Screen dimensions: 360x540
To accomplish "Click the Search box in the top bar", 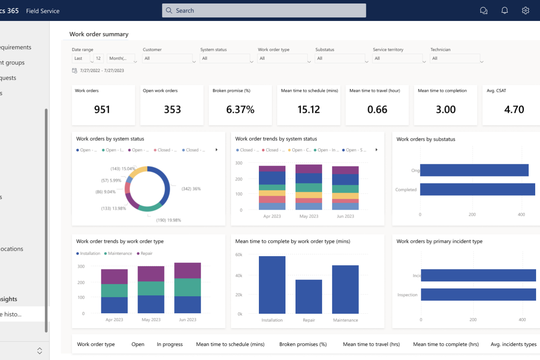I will [264, 10].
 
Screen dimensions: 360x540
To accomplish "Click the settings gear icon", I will [526, 10].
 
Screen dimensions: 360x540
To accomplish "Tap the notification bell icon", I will [505, 10].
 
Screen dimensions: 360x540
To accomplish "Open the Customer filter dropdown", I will [168, 59].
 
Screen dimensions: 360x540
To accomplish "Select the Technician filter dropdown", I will [455, 59].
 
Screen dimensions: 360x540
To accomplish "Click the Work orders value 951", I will [102, 110].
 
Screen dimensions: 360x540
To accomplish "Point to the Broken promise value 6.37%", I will [240, 110].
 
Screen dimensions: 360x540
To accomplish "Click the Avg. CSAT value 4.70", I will [514, 110].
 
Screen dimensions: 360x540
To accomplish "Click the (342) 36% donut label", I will [191, 189].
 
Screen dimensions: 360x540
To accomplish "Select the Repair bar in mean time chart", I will [309, 297].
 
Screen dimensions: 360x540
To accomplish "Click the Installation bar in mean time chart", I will [272, 285].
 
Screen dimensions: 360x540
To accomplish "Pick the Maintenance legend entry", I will [120, 253].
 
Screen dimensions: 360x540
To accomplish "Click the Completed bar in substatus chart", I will [477, 190].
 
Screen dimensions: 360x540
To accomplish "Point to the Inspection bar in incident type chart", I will [478, 295].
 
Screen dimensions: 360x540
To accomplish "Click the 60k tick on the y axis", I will [238, 255].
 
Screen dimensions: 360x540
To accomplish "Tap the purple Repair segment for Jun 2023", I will [187, 270].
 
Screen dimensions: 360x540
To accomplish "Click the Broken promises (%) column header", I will [303, 344].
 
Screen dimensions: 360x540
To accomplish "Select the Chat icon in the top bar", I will [484, 10].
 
